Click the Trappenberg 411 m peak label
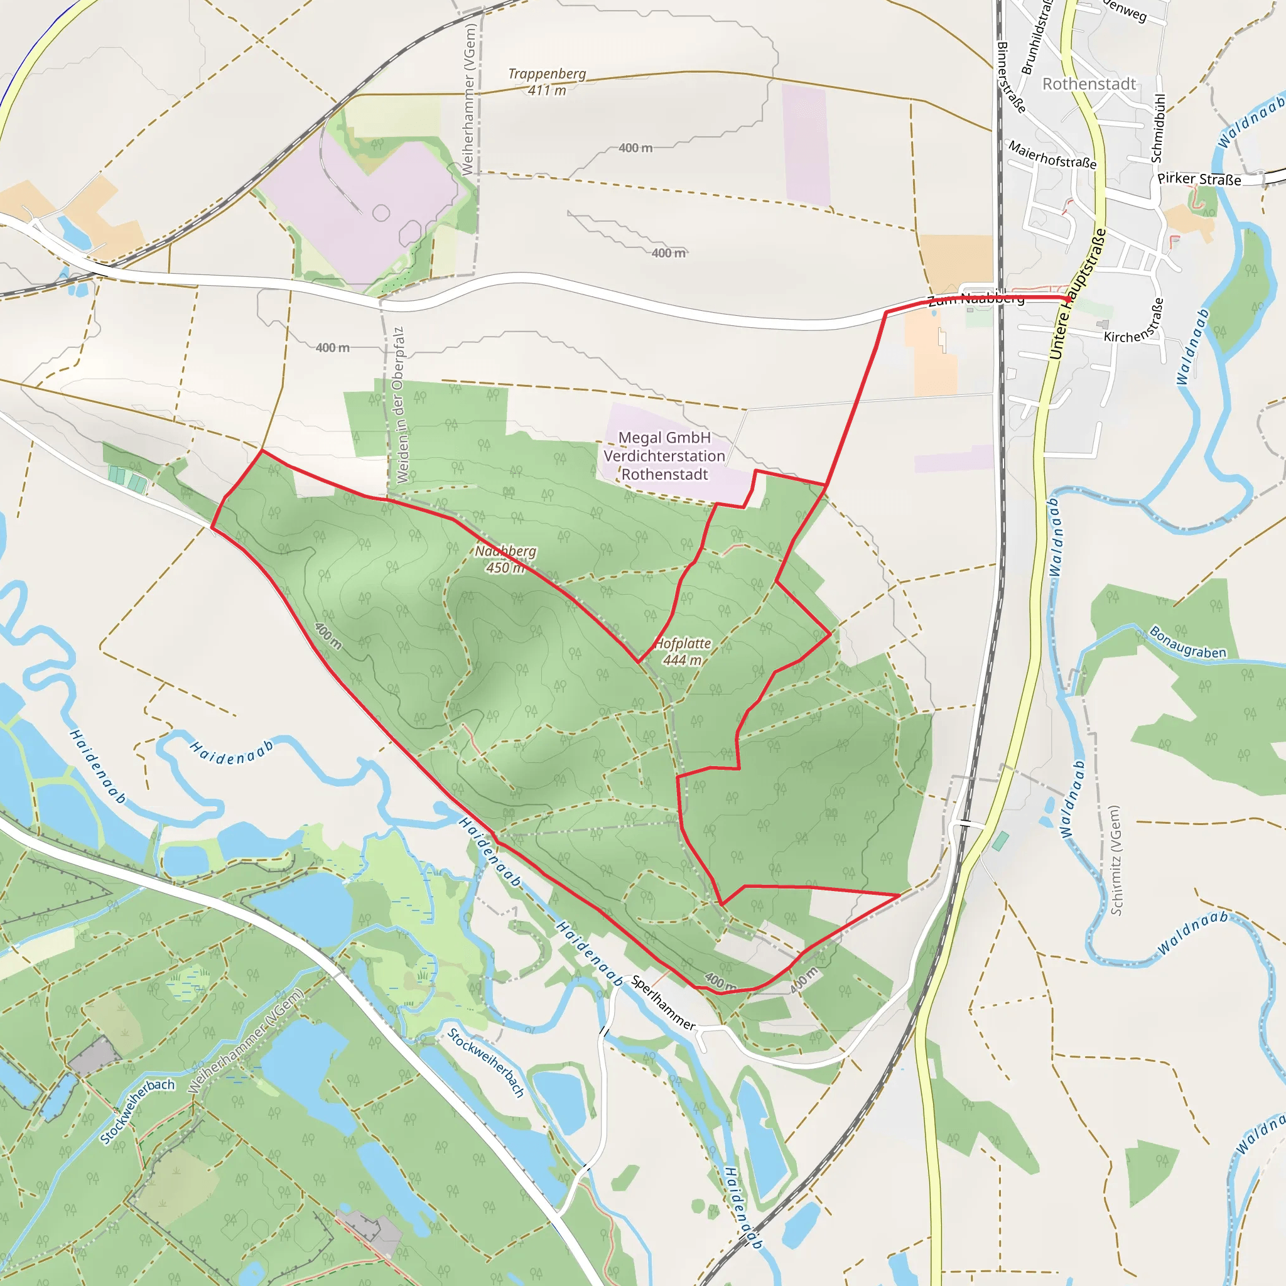click(546, 82)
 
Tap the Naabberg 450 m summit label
click(505, 559)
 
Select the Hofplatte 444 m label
click(683, 652)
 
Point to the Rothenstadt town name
click(1089, 84)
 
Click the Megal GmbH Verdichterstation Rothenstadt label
click(664, 456)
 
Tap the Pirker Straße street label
click(1199, 179)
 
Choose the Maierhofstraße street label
click(1052, 154)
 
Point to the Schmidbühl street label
click(1157, 129)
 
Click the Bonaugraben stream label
click(1187, 642)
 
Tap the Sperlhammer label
click(663, 1002)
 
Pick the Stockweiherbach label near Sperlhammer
click(486, 1062)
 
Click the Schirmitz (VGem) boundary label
click(1116, 860)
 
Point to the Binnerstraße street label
click(1010, 77)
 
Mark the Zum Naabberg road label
click(976, 300)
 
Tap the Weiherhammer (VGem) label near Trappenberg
click(469, 100)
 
